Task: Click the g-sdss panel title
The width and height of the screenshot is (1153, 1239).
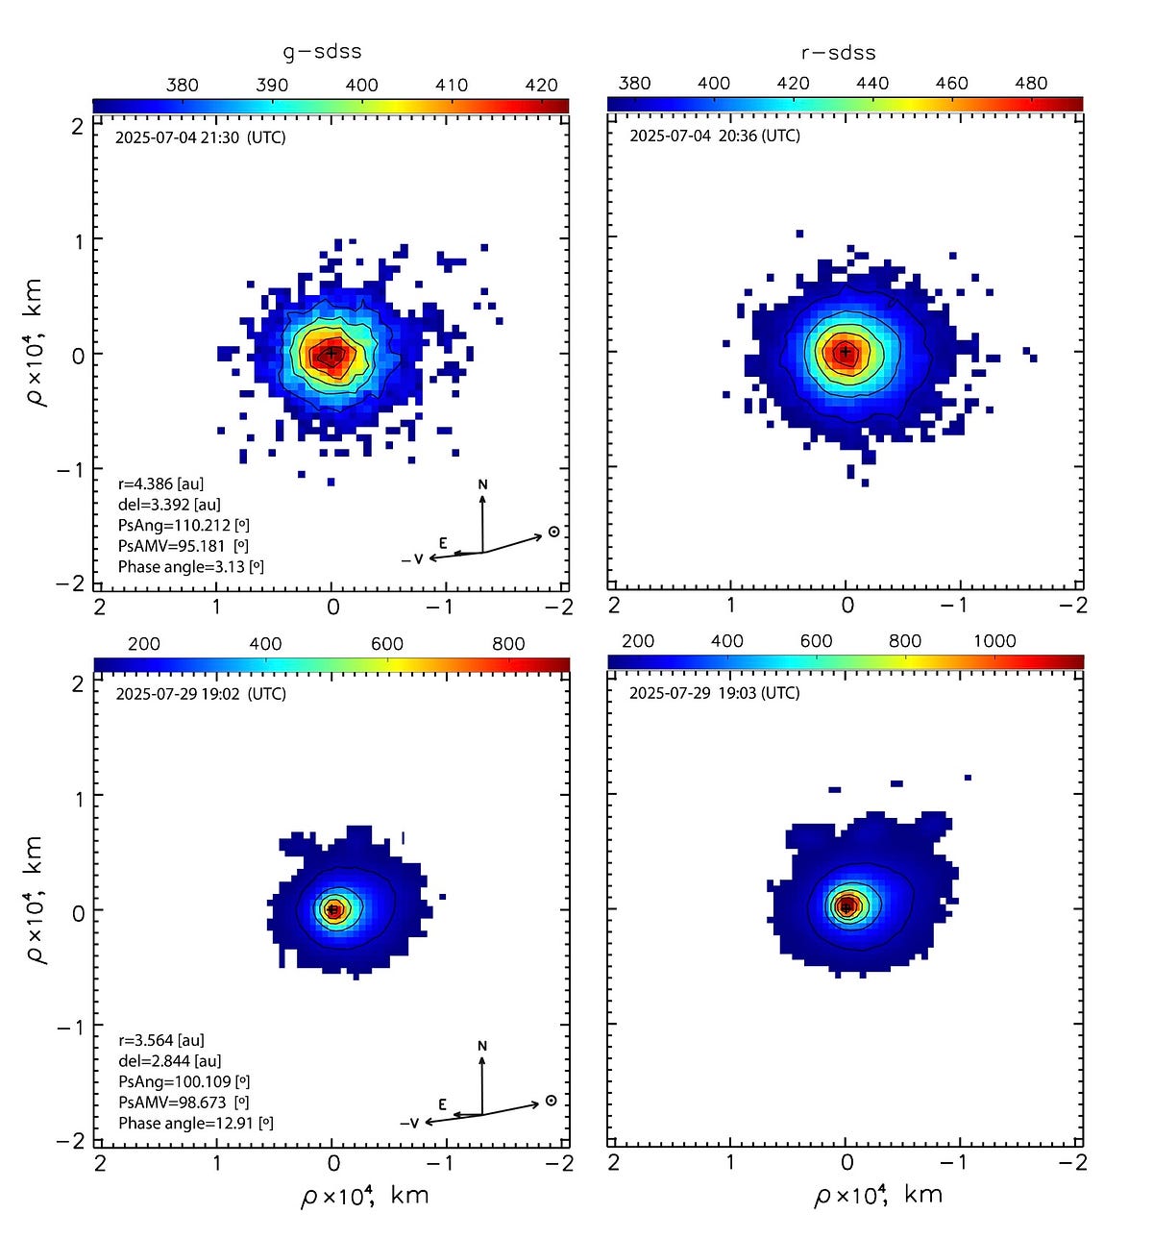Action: (322, 52)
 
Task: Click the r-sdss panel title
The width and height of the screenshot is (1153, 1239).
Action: (838, 53)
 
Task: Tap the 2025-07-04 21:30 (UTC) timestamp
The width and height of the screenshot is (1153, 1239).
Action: (200, 136)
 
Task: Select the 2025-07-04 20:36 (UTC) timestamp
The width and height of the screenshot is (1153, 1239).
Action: (714, 136)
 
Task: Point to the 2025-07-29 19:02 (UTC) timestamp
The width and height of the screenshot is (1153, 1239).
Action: (200, 693)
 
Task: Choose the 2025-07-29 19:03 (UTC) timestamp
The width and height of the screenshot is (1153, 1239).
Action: (714, 692)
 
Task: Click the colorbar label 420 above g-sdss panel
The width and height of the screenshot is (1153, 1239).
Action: (541, 85)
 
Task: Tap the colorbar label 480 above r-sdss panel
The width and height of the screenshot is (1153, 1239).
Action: (1031, 83)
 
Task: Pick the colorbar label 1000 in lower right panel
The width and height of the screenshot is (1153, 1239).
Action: (994, 641)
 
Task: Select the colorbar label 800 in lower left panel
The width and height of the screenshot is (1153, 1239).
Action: (508, 644)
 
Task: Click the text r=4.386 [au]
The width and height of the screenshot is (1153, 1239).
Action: (160, 483)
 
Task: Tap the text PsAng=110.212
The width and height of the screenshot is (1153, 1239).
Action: (184, 525)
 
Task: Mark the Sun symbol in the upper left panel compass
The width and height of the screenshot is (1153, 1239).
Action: (553, 532)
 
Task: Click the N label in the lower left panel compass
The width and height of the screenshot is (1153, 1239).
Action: (482, 1045)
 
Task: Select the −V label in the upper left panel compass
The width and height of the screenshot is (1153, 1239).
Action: (412, 559)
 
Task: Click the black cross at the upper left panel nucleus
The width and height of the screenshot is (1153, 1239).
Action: (331, 353)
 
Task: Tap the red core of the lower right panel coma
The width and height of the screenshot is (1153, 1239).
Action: (846, 905)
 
